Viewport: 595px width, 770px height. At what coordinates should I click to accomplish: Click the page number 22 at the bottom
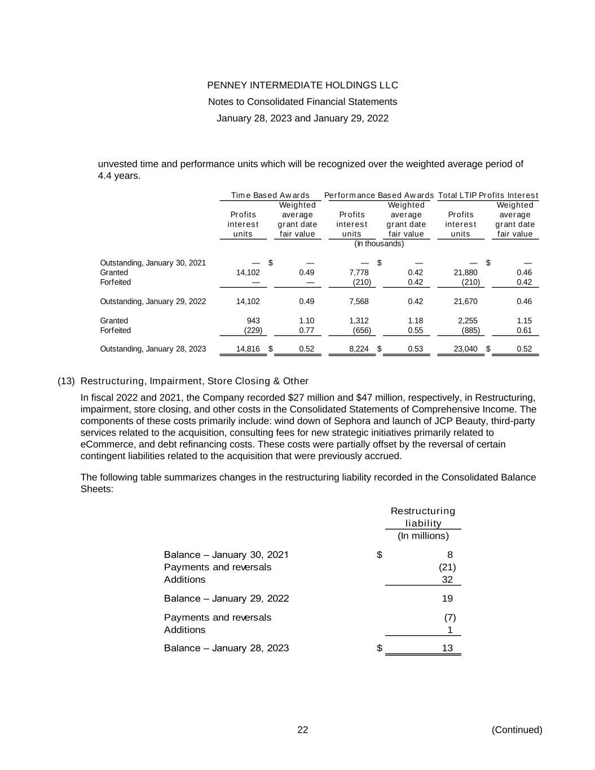click(x=303, y=730)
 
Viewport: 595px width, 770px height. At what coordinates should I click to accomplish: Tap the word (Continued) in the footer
click(x=517, y=730)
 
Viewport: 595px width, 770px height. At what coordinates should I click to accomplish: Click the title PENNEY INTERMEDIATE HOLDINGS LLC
click(x=302, y=85)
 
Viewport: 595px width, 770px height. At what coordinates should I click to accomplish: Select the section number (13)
click(x=66, y=381)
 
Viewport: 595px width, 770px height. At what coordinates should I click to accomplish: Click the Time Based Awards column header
click(x=270, y=196)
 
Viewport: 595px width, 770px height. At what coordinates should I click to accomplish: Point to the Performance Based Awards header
click(x=379, y=196)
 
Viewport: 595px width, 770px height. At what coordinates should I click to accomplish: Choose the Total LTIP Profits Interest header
click(x=488, y=196)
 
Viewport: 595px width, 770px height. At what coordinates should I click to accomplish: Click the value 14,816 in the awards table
click(x=248, y=349)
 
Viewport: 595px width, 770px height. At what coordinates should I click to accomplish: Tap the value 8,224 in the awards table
click(x=359, y=349)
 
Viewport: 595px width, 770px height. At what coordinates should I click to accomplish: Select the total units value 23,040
click(x=466, y=349)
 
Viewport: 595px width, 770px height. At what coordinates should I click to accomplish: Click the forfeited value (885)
click(x=470, y=331)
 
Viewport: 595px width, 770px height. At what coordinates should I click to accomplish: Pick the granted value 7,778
click(x=359, y=272)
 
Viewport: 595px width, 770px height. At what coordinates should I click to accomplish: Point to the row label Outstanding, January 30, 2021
click(x=153, y=263)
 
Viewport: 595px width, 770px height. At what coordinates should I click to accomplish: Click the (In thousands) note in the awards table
click(x=379, y=244)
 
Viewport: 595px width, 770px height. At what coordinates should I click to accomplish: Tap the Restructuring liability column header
click(x=423, y=517)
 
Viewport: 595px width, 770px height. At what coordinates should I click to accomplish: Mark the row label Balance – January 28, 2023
click(x=226, y=648)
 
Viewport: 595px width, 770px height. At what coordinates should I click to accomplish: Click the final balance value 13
click(x=447, y=648)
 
